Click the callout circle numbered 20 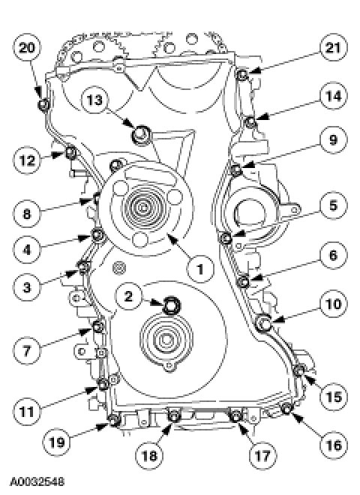[27, 48]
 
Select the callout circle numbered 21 [333, 48]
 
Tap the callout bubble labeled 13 [94, 100]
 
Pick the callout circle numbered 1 [200, 269]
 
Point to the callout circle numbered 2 [128, 296]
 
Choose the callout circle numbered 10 [333, 304]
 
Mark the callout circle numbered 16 [333, 445]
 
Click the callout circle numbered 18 [149, 455]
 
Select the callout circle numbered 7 [27, 350]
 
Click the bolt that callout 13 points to [142, 134]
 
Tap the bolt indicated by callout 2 [172, 306]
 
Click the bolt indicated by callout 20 [44, 105]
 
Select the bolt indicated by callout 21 [242, 75]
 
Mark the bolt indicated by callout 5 [226, 238]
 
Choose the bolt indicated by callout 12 [71, 152]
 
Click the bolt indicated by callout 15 [299, 369]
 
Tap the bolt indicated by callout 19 [113, 420]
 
